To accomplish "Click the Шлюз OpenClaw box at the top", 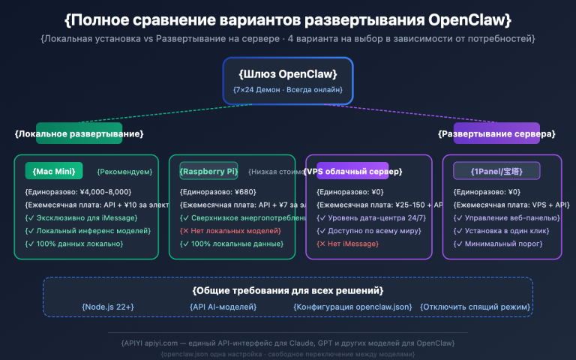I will click(x=288, y=80).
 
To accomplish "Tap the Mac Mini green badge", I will click(x=54, y=171).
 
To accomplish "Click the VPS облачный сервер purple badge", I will click(x=352, y=171).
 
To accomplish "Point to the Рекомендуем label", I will click(x=124, y=172).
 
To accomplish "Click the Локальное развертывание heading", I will click(x=79, y=133).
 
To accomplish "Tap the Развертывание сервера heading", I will click(x=496, y=133).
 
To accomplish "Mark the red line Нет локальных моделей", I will click(x=230, y=230).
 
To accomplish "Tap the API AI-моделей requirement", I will click(x=223, y=306).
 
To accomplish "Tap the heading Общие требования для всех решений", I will click(x=288, y=290).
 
